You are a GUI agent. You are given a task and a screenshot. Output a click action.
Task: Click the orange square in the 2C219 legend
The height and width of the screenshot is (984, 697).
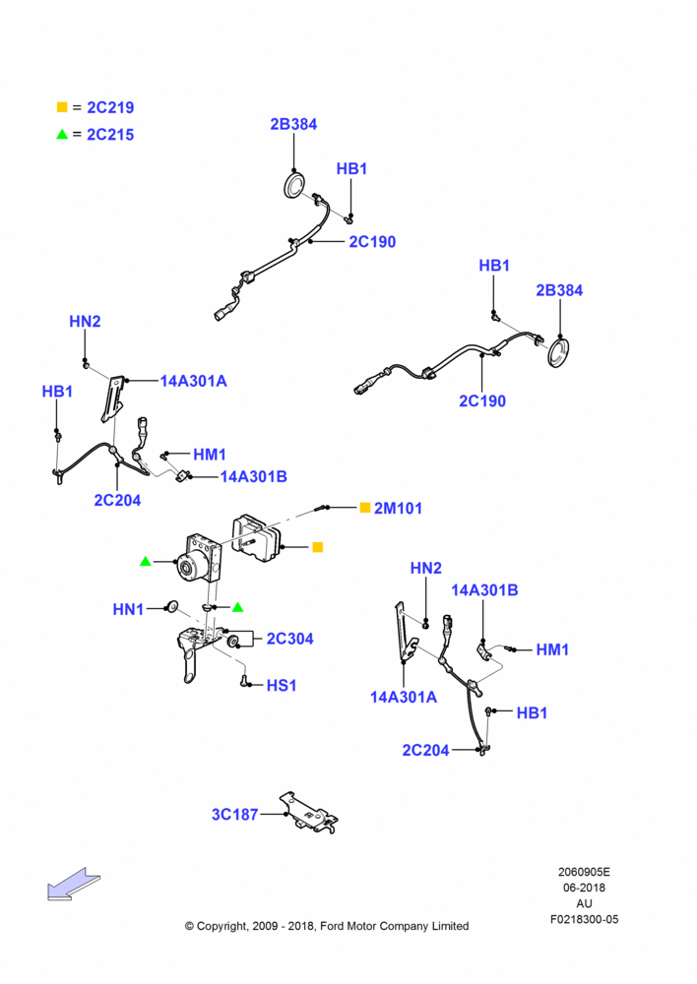click(62, 106)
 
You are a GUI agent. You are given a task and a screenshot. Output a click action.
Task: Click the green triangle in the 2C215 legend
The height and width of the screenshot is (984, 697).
click(62, 134)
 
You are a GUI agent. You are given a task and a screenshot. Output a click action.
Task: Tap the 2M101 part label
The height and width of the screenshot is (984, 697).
click(398, 509)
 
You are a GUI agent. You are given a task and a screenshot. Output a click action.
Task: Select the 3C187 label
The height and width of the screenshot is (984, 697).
click(235, 814)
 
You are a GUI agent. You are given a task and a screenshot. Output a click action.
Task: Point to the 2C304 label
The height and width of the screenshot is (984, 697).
click(290, 639)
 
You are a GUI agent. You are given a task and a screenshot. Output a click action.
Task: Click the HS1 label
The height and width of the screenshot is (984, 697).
click(282, 685)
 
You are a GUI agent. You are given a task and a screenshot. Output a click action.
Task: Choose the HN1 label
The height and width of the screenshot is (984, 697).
click(128, 609)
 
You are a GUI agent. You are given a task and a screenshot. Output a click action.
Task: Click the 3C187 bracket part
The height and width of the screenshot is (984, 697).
click(309, 813)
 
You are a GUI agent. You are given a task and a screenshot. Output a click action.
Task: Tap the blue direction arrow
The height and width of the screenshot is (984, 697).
click(74, 885)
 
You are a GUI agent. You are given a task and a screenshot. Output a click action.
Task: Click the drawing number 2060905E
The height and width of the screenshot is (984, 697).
click(584, 872)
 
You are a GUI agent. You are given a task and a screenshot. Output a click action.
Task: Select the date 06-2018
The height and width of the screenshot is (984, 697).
click(584, 888)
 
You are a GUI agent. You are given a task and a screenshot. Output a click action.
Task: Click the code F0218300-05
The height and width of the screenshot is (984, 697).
click(584, 919)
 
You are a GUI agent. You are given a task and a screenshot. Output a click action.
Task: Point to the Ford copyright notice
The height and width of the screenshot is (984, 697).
click(327, 926)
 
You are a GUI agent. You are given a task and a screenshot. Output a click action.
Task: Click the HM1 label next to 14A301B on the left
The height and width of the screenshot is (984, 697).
click(210, 455)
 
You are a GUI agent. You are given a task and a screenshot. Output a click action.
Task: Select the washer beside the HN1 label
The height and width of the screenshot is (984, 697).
click(170, 607)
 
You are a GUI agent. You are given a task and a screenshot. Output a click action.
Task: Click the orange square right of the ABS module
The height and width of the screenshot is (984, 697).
click(318, 547)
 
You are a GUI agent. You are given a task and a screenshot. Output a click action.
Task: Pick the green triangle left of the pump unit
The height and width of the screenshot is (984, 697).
click(146, 561)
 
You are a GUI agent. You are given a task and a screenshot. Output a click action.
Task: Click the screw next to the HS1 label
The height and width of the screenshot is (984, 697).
click(244, 680)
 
